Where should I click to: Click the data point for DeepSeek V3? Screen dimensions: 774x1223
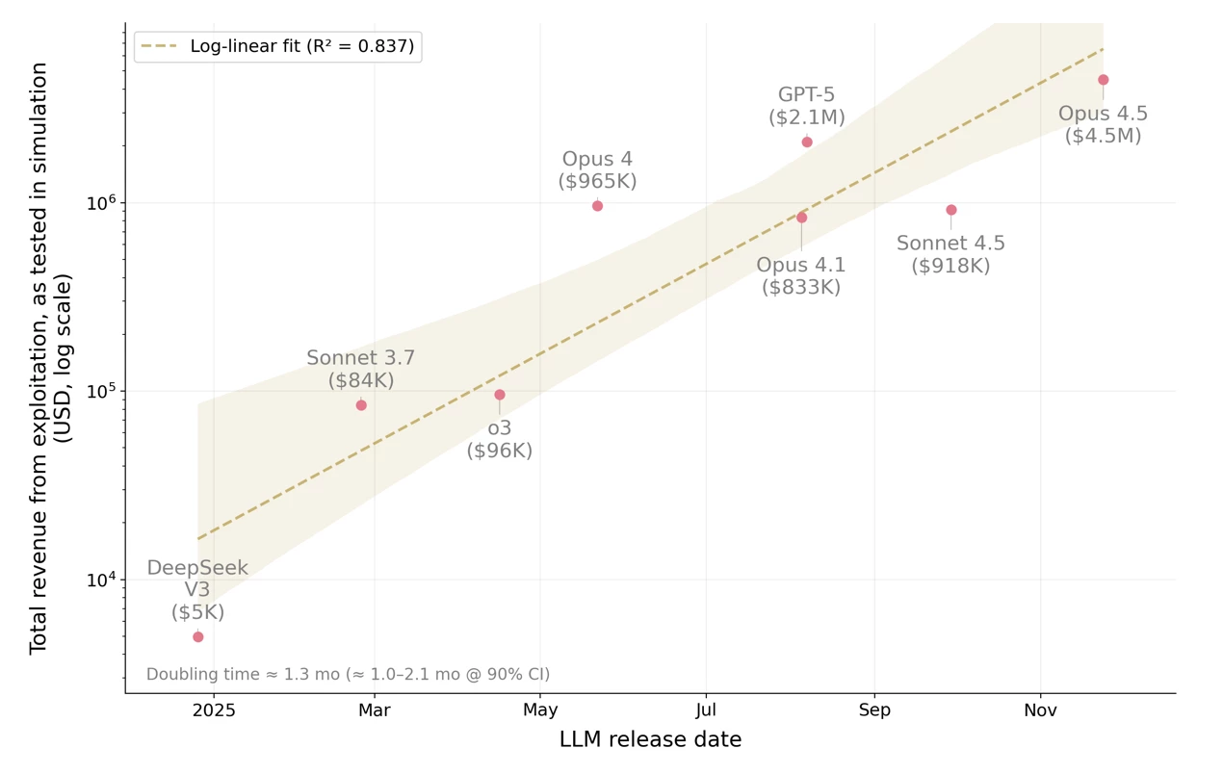198,636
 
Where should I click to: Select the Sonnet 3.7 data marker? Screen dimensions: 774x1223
361,405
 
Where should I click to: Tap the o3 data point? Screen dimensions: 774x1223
500,395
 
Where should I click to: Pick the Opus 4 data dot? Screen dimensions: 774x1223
597,206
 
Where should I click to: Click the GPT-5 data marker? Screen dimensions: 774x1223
807,142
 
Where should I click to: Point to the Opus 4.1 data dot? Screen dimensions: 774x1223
801,218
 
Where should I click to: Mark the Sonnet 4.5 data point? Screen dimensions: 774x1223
951,210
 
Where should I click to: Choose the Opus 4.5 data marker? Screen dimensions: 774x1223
1104,80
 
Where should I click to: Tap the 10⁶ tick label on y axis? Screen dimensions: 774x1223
101,203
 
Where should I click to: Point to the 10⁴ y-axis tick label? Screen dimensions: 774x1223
101,580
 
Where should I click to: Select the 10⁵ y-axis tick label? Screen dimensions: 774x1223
101,391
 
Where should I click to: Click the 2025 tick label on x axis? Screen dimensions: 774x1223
214,710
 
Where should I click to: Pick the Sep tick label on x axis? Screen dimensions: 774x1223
874,710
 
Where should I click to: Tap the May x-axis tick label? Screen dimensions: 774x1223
540,710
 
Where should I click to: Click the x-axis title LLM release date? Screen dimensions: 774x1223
650,739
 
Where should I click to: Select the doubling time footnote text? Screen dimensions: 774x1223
348,674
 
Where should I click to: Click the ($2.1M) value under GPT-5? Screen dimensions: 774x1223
807,117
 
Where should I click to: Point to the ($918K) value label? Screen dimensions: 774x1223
950,266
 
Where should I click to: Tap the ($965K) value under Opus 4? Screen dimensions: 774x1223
597,181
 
